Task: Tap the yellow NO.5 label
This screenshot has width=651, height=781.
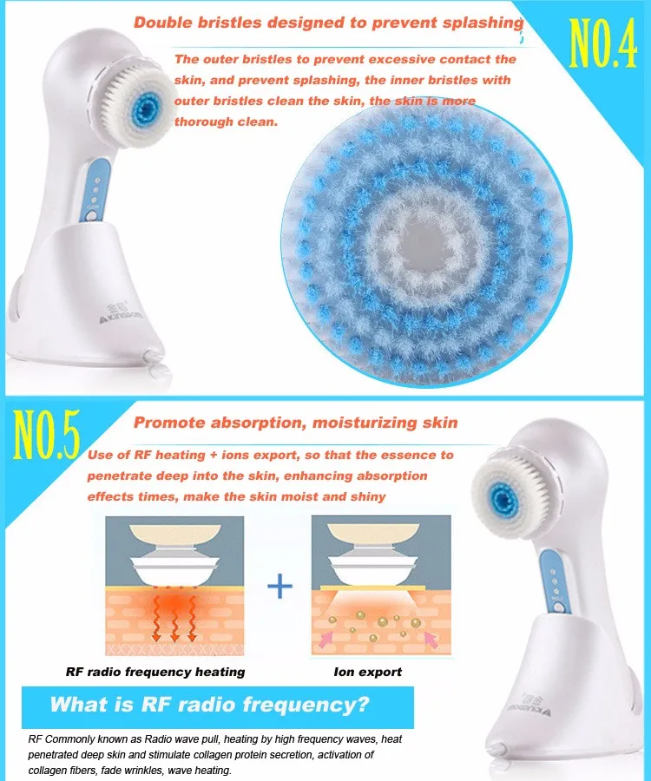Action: tap(46, 435)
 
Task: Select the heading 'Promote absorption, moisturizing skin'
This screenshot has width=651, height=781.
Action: tap(295, 423)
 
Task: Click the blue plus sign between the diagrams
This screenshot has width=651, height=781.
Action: tap(279, 586)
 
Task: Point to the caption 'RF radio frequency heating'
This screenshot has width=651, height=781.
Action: tap(155, 672)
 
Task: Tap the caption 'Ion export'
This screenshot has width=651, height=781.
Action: tap(367, 672)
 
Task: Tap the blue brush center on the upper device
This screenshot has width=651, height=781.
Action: tap(147, 107)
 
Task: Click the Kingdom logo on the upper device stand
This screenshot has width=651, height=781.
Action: tap(121, 312)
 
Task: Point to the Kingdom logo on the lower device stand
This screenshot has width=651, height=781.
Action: tap(529, 705)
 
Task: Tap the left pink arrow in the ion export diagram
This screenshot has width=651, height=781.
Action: tap(326, 638)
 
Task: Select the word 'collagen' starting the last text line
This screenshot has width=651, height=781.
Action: tap(46, 770)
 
